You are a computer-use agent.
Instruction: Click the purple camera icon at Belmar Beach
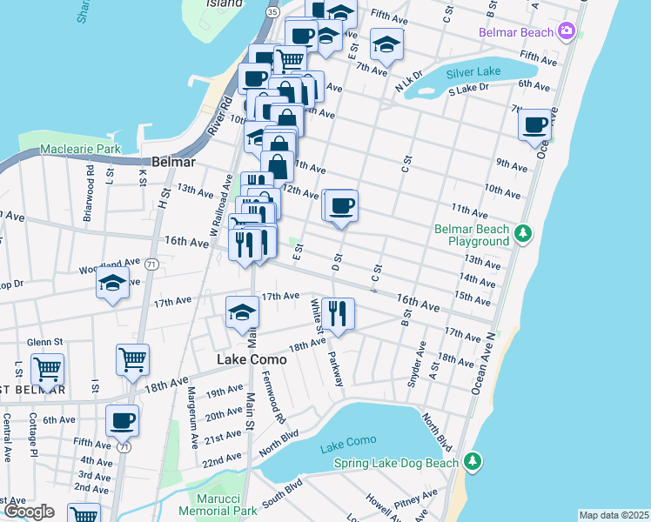[567, 32]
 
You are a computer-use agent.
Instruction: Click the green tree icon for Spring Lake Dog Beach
[472, 459]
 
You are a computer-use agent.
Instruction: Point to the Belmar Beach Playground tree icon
[522, 233]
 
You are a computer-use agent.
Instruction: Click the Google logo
[29, 512]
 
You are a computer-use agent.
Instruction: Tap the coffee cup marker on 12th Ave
[341, 206]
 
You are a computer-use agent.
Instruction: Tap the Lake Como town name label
[245, 358]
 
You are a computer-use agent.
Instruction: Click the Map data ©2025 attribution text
[613, 515]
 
